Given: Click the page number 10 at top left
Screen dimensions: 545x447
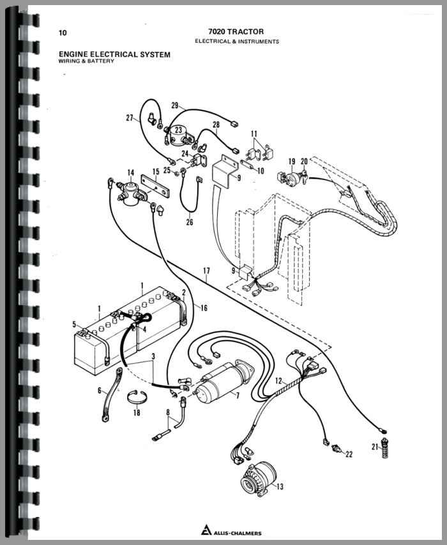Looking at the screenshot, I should click(x=62, y=33).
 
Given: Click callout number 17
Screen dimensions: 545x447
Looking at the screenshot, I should click(x=206, y=271).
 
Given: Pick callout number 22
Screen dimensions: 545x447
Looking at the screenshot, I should click(x=349, y=454).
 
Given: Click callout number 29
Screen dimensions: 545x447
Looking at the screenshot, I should click(x=174, y=105).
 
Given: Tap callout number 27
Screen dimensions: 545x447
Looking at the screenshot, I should click(x=130, y=117).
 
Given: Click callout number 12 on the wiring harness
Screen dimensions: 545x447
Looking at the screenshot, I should click(x=278, y=381).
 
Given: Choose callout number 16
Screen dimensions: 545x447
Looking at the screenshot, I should click(x=204, y=308).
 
